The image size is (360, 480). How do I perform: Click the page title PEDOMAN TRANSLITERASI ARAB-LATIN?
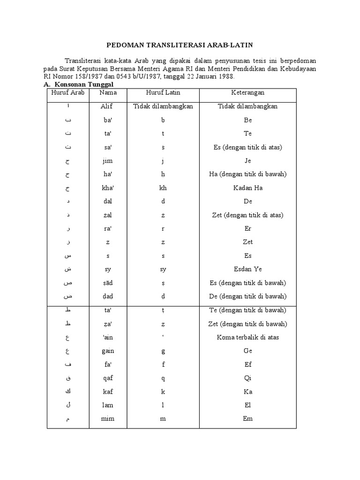tap(180, 45)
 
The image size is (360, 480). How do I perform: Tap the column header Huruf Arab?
tap(67, 93)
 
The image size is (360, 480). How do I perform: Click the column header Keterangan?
tap(247, 93)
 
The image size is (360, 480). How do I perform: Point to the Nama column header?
tap(108, 93)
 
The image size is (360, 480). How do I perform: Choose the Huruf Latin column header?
tap(163, 93)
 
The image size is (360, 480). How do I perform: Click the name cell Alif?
tap(107, 106)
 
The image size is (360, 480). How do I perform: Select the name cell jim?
tap(107, 161)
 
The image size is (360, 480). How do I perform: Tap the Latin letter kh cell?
tap(163, 188)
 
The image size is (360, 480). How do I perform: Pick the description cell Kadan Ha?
tap(247, 188)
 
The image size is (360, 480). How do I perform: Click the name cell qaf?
tap(107, 378)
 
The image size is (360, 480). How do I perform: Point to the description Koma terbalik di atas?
tap(247, 337)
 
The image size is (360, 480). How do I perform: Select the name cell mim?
tap(107, 419)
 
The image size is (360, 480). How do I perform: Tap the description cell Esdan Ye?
tap(247, 270)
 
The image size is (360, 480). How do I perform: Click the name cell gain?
tap(107, 351)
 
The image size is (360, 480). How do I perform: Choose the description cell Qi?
tap(247, 378)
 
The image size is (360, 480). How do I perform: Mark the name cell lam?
tap(107, 405)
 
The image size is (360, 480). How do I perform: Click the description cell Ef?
tap(247, 364)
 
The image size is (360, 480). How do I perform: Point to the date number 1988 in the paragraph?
tap(225, 76)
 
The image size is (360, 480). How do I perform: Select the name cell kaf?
tap(107, 391)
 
